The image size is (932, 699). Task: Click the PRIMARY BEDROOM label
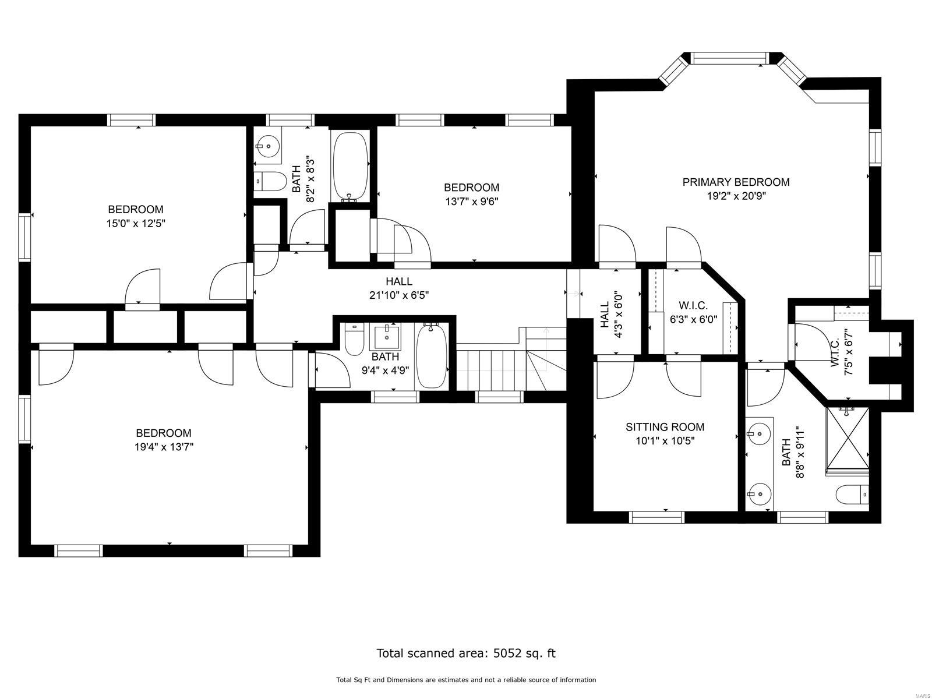(x=736, y=182)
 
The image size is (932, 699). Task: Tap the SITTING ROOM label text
(x=665, y=427)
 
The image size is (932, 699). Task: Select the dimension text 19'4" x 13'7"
(x=163, y=447)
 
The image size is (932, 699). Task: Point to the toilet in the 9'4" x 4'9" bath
(x=354, y=340)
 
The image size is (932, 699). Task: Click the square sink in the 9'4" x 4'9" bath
(x=386, y=336)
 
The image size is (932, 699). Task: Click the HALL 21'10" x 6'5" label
(x=399, y=288)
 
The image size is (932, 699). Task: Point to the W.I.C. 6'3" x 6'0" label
(x=693, y=312)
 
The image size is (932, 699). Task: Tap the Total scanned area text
(x=466, y=653)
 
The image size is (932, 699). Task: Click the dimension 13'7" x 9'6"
(x=471, y=202)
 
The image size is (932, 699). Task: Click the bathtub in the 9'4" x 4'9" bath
(x=432, y=356)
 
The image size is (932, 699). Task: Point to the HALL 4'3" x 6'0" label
(x=610, y=319)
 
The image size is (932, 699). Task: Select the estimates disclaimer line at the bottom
(x=466, y=680)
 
